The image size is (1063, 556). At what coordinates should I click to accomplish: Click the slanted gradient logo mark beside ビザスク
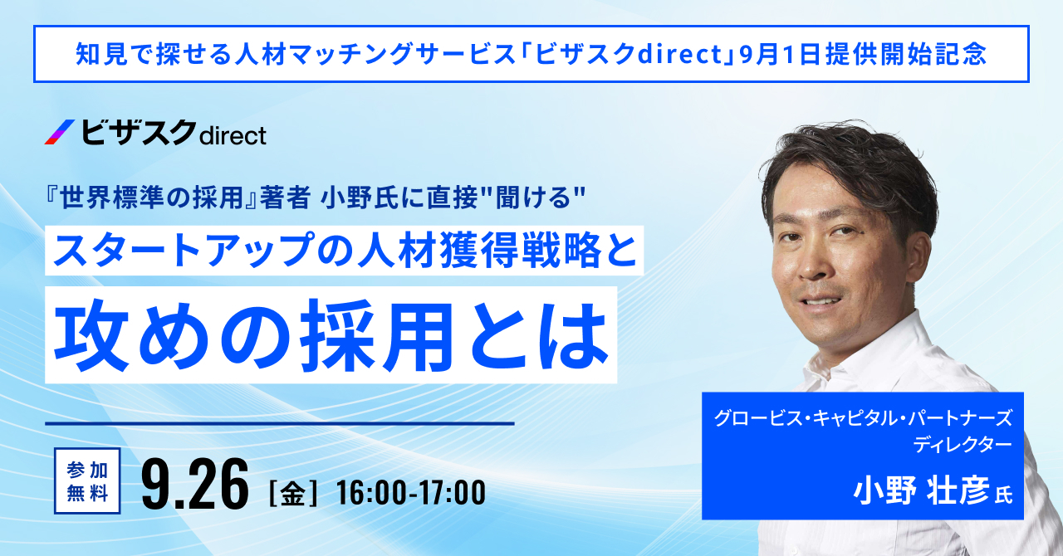(x=60, y=132)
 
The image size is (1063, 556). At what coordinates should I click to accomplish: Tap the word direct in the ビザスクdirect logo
(x=233, y=135)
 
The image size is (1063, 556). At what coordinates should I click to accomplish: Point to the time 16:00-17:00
(x=411, y=493)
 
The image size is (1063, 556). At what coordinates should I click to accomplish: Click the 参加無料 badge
(x=87, y=480)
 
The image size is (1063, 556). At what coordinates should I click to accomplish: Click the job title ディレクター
(x=963, y=445)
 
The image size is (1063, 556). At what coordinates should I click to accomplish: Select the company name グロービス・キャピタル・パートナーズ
(x=863, y=418)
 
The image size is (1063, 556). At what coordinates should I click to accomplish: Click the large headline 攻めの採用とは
(x=331, y=335)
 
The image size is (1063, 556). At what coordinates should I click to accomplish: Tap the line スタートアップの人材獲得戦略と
(x=345, y=250)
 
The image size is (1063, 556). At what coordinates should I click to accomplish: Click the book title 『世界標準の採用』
(x=151, y=198)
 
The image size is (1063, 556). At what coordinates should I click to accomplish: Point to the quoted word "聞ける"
(x=538, y=198)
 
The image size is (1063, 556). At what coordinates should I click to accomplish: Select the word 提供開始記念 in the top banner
(x=907, y=54)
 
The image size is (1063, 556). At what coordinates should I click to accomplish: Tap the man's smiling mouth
(x=820, y=301)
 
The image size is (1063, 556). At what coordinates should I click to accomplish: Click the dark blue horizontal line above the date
(x=280, y=423)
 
